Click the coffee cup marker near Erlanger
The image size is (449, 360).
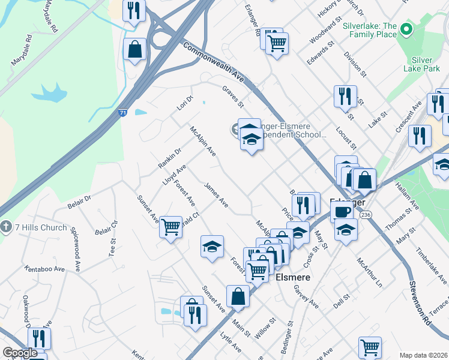342,212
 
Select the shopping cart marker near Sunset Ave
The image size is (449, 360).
171,227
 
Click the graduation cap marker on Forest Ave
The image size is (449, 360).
212,246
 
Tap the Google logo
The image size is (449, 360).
20,353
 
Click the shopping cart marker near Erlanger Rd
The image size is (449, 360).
277,43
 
